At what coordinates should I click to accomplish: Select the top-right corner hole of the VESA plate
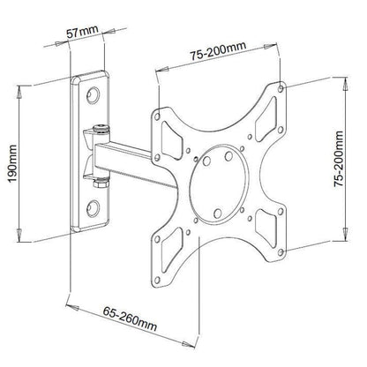pos(281,89)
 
